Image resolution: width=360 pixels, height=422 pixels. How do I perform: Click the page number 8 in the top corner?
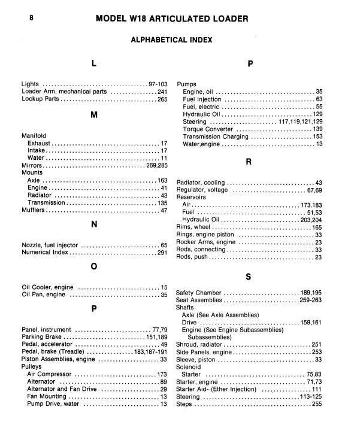32,18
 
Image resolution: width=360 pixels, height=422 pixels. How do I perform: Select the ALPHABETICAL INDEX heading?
171,40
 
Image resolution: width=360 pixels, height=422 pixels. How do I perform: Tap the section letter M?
93,115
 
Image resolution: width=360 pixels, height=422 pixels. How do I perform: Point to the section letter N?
94,225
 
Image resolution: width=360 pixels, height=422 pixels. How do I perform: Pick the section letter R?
248,162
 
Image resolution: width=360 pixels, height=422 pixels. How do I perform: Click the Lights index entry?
31,84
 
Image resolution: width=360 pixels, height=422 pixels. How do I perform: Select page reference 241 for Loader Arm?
162,92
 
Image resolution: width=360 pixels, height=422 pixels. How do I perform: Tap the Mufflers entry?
34,210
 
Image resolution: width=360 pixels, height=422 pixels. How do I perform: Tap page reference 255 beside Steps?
317,404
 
